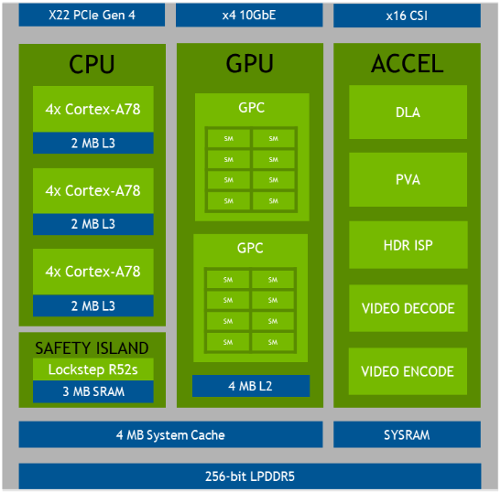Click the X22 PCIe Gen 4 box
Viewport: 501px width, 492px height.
tap(92, 15)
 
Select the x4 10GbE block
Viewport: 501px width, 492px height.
tap(249, 15)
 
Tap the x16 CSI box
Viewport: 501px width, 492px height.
tap(407, 16)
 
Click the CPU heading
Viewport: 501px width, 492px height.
tap(92, 64)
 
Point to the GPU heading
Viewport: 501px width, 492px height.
tap(249, 63)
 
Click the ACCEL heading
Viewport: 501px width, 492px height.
tap(407, 63)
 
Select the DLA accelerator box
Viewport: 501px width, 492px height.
tap(408, 112)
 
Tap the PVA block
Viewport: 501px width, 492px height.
tap(408, 179)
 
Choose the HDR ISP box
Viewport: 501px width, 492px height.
tap(408, 245)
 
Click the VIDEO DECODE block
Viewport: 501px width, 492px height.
tap(408, 308)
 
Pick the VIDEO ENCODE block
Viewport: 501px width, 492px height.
tap(408, 371)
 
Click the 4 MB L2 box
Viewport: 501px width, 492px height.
tap(251, 386)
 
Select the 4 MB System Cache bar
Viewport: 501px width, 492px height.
tap(170, 434)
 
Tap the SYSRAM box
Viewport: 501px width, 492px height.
tap(407, 434)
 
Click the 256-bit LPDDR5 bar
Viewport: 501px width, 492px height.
tap(250, 476)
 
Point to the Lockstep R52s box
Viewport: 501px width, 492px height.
tap(93, 369)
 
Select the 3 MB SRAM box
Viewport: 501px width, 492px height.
tap(93, 391)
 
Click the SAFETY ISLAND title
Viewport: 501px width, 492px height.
tap(92, 348)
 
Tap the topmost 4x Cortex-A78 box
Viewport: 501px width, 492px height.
tap(93, 109)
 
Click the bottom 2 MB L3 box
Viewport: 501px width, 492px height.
tap(93, 305)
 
